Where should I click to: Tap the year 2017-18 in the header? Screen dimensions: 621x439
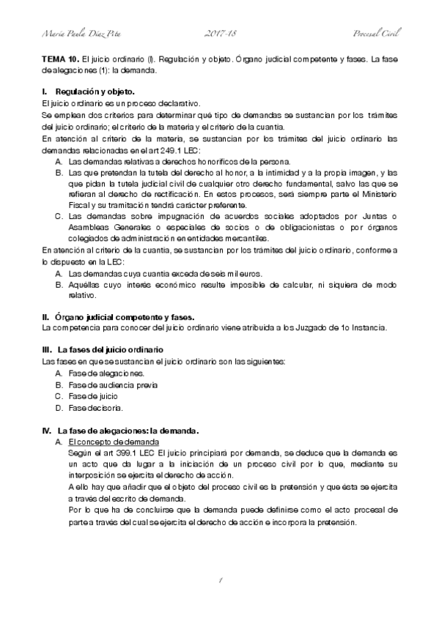click(x=218, y=34)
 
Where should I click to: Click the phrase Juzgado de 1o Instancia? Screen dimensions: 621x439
click(x=355, y=328)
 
